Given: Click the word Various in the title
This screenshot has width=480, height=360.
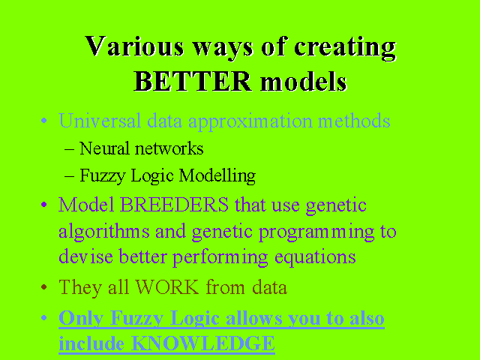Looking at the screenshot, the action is pyautogui.click(x=134, y=46).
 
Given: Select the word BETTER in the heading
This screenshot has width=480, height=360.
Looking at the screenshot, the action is pyautogui.click(x=193, y=82).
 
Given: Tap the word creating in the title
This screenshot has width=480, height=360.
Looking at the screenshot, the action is pyautogui.click(x=345, y=48).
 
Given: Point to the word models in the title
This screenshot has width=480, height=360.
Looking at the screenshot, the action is pyautogui.click(x=304, y=82).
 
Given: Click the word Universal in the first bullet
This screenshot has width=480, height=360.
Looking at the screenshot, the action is pyautogui.click(x=100, y=121).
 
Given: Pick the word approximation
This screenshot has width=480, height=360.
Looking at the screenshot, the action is pyautogui.click(x=250, y=122).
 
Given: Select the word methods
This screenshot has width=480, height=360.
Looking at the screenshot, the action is pyautogui.click(x=354, y=121).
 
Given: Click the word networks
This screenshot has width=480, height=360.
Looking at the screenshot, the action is pyautogui.click(x=169, y=148).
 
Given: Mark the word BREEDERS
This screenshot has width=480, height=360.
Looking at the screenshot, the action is pyautogui.click(x=174, y=205).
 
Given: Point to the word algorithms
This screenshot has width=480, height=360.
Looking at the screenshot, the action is pyautogui.click(x=103, y=232).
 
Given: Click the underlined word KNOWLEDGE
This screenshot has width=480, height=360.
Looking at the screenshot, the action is pyautogui.click(x=203, y=343).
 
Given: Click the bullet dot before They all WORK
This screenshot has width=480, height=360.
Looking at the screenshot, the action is pyautogui.click(x=43, y=287).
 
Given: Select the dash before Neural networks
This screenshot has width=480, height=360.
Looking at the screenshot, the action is pyautogui.click(x=70, y=150).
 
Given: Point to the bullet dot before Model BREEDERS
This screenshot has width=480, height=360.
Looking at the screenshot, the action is pyautogui.click(x=43, y=204).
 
